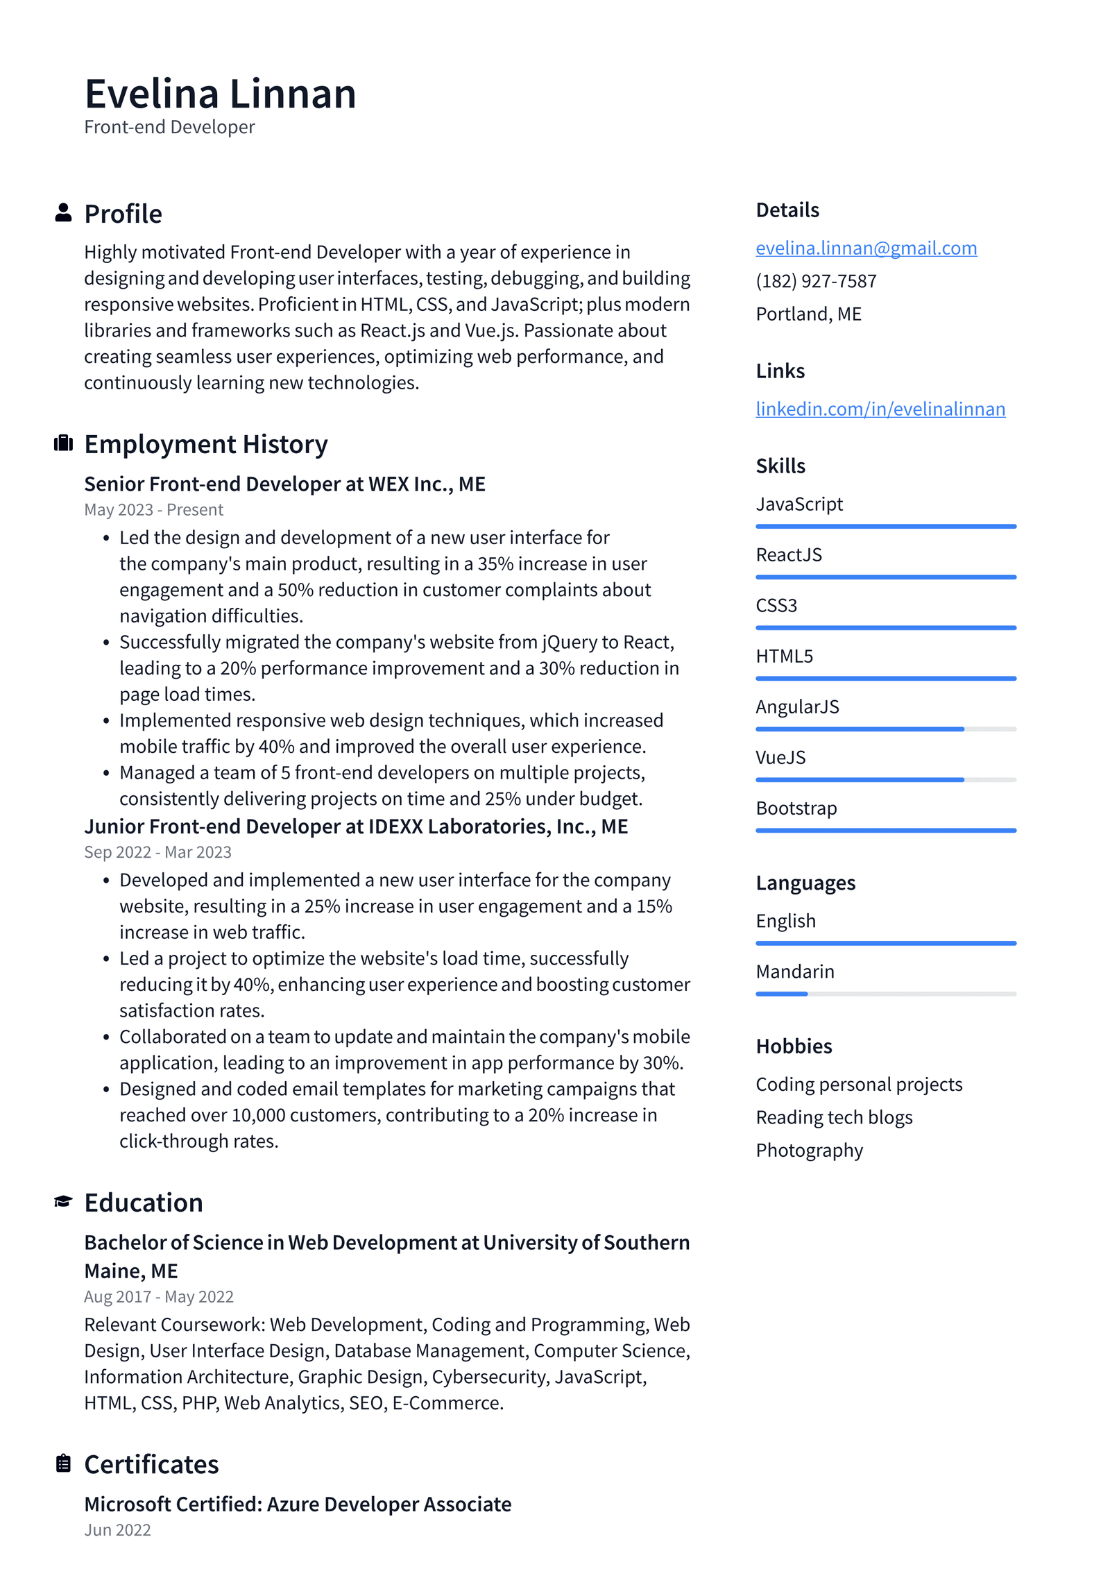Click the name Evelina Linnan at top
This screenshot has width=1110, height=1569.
[220, 94]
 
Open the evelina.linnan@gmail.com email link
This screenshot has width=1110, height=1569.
[866, 248]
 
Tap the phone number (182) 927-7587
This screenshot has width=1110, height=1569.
[816, 281]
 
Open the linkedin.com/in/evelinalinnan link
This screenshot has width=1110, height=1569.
[880, 409]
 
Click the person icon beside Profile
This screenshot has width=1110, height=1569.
[63, 213]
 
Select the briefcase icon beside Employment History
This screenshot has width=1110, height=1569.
[63, 443]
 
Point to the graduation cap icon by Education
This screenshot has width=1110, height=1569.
[63, 1201]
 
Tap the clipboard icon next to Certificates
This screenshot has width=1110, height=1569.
[63, 1464]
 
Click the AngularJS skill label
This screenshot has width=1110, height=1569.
[797, 706]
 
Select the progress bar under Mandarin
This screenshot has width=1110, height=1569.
[885, 994]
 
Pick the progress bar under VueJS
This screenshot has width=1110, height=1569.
[885, 780]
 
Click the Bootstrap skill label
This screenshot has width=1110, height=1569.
[796, 808]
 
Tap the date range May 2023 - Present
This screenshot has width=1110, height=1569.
[153, 510]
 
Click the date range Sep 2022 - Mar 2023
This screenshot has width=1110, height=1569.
[157, 852]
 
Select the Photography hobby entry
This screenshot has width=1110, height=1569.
[809, 1151]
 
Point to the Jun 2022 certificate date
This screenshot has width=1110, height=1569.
[117, 1530]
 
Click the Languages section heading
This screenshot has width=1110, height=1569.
[805, 883]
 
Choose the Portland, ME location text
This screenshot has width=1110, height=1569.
[808, 314]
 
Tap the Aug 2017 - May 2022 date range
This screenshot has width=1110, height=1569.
[159, 1297]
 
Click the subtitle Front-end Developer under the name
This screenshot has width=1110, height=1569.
[169, 127]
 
